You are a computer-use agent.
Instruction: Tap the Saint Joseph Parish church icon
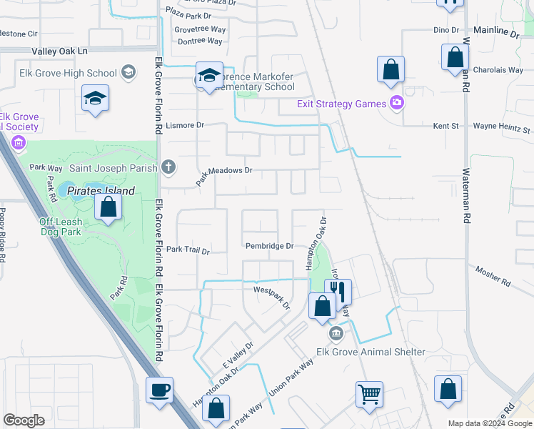click(x=168, y=168)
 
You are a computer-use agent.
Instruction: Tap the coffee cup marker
click(x=159, y=390)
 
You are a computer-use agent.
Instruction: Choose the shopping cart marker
click(x=369, y=393)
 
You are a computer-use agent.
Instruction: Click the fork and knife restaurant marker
click(x=338, y=291)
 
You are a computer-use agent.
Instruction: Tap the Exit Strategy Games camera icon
click(x=398, y=104)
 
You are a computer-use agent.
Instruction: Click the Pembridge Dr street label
click(x=269, y=246)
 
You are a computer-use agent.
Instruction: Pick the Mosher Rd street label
click(x=493, y=277)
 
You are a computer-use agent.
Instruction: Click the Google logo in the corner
click(x=24, y=420)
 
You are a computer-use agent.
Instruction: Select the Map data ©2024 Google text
click(x=490, y=423)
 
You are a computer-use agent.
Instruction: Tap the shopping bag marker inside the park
click(x=108, y=207)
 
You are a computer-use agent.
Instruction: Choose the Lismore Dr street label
click(x=185, y=125)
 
